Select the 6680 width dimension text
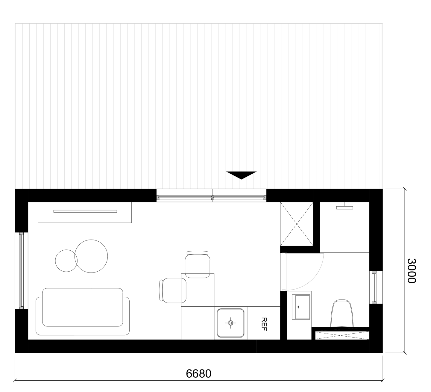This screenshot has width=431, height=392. coord(198,374)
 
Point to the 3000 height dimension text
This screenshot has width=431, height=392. coord(412,271)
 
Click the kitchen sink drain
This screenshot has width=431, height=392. coord(230,323)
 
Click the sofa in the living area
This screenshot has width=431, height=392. coord(83,311)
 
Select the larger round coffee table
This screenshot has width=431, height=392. coord(91,256)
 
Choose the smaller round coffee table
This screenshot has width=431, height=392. coord(66,261)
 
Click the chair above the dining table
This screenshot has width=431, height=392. coord(198,264)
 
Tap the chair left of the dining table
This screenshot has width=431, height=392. coord(172,290)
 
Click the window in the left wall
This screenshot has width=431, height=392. coord(21,271)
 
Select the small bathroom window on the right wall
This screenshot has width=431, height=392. coord(374,287)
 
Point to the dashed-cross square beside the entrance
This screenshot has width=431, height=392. coord(297,224)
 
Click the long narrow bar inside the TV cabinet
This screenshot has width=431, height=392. coord(85,211)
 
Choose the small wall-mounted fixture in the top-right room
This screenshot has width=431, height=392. coord(345,207)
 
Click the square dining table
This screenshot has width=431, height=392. coord(198,290)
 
